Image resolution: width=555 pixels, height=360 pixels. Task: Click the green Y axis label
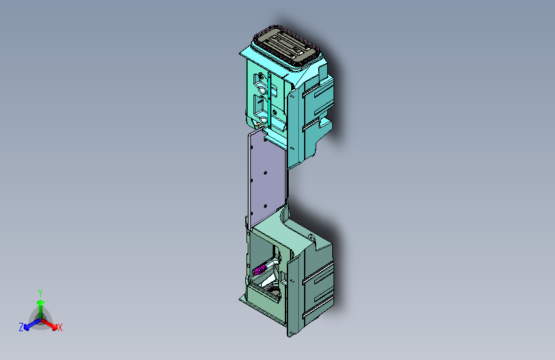pyautogui.click(x=40, y=291)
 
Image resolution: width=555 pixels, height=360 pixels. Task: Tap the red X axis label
pyautogui.click(x=60, y=328)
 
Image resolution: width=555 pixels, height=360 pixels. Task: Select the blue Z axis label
pyautogui.click(x=21, y=327)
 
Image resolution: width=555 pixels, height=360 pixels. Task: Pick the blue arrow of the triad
pyautogui.click(x=29, y=324)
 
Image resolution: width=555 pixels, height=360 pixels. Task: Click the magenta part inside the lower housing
pyautogui.click(x=259, y=270)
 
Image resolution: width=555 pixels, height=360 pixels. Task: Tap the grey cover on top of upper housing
pyautogui.click(x=285, y=45)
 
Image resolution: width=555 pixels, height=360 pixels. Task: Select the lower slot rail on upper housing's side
pyautogui.click(x=316, y=126)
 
